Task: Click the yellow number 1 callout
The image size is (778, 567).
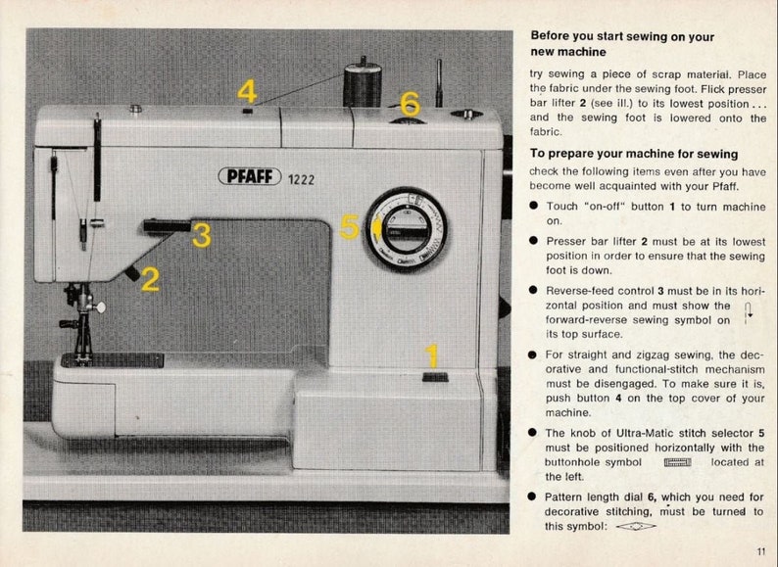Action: [x=432, y=356]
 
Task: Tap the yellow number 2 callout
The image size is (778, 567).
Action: [x=150, y=280]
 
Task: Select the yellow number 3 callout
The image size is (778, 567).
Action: [x=201, y=235]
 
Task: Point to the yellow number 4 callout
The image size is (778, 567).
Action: [x=247, y=92]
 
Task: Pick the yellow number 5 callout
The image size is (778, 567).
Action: [x=349, y=227]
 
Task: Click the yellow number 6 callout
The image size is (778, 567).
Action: [x=410, y=104]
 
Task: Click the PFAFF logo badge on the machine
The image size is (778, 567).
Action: [x=251, y=176]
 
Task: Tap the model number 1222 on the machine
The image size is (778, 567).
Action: [x=302, y=177]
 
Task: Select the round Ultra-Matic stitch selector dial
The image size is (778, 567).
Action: [x=408, y=230]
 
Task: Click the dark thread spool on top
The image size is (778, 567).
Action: [x=362, y=84]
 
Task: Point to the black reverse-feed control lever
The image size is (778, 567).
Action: [x=167, y=227]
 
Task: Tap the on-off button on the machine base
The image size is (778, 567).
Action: [x=434, y=377]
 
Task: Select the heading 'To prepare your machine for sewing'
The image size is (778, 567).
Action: [x=634, y=154]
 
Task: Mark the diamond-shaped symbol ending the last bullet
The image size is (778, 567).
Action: [x=637, y=526]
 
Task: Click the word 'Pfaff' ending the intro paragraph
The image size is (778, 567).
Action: [x=723, y=186]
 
